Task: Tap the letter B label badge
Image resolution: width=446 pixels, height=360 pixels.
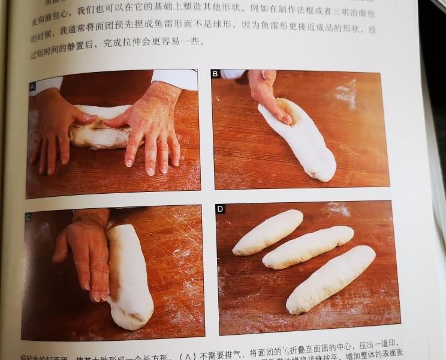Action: [215, 74]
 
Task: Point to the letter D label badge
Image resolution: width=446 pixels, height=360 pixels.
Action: [220, 208]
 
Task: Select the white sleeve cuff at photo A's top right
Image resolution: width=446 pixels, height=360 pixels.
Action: [176, 77]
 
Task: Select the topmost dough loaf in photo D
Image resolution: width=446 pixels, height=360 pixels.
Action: [269, 232]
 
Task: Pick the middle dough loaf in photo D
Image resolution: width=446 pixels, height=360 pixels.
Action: [308, 247]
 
